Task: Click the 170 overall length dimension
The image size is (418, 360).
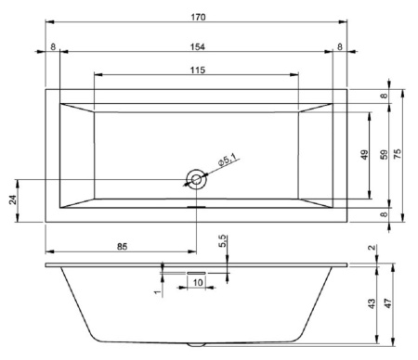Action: click(x=197, y=16)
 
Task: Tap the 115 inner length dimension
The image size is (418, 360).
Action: click(x=197, y=71)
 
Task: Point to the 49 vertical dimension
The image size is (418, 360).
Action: click(x=365, y=155)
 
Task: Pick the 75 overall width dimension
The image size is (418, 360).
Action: click(x=398, y=155)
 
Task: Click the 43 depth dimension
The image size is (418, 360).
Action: click(x=372, y=303)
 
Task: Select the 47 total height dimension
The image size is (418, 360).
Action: click(x=398, y=303)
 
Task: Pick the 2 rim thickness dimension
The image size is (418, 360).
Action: click(x=372, y=249)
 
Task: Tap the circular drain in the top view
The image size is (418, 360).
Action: click(x=197, y=180)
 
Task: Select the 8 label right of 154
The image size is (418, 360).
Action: click(x=340, y=45)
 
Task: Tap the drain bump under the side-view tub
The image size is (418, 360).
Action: click(x=197, y=344)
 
